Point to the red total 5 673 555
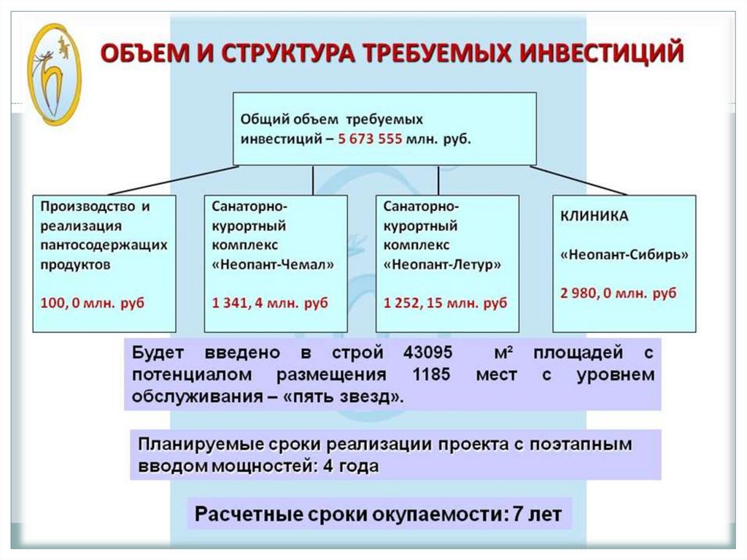(370, 140)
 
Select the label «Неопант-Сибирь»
(624, 256)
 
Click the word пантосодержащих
(104, 245)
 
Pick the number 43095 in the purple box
(427, 353)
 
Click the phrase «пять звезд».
(355, 398)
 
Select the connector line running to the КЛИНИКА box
(578, 180)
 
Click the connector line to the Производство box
(179, 180)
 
